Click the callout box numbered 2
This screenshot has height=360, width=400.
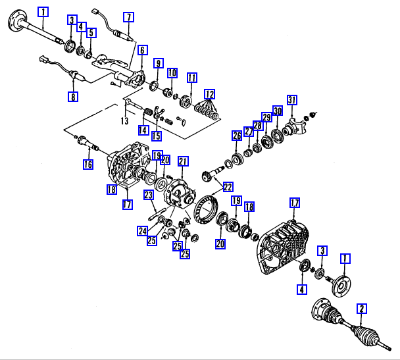point(361,307)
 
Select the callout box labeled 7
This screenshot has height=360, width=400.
point(128,16)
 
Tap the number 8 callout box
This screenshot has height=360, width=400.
point(72,97)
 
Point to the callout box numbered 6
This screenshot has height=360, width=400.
point(143,50)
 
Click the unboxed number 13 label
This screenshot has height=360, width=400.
point(124,121)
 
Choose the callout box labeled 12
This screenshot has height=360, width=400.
point(209,93)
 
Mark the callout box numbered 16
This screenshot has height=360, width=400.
point(87,165)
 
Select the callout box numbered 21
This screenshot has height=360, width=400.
point(183,161)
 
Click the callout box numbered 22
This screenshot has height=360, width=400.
point(228,187)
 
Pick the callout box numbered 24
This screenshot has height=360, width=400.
point(143,230)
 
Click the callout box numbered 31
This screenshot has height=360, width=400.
point(292,100)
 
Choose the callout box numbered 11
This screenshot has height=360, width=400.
point(191,78)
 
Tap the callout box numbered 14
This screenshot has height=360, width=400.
point(143,130)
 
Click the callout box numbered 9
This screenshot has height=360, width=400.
point(158,63)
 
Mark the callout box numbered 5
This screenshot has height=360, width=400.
point(91,32)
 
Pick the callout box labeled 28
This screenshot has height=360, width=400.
point(257,126)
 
